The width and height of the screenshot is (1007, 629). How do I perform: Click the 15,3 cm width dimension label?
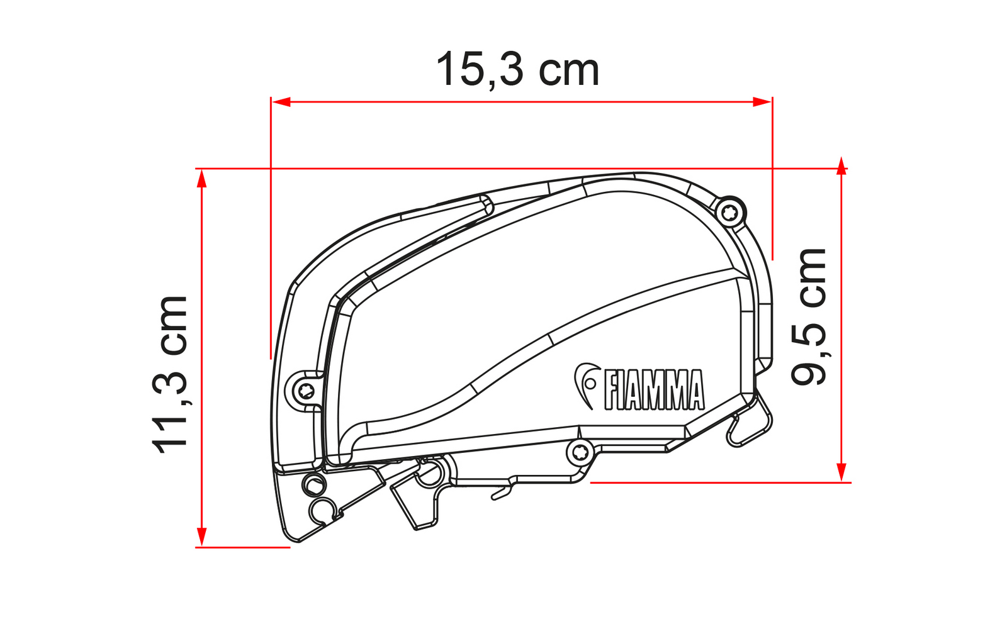pos(517,70)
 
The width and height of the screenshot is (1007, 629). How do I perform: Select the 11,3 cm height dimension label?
pos(170,375)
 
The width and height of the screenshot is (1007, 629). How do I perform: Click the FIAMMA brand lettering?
pos(655,389)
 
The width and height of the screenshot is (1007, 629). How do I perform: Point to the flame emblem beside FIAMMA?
pos(586,384)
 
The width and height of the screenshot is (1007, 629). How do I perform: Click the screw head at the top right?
pos(729,212)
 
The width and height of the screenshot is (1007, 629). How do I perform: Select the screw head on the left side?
pos(307,391)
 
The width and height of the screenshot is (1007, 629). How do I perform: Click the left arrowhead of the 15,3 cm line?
pos(281,102)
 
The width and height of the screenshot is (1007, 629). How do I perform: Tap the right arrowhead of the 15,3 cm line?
pos(762,102)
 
